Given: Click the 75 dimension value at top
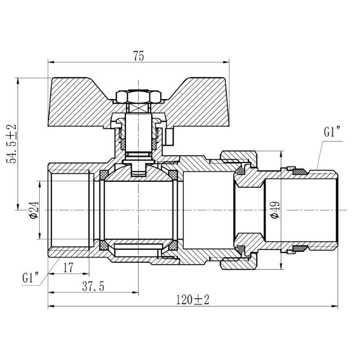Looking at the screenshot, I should (x=138, y=56).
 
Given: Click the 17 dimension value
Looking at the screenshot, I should (x=68, y=268).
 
